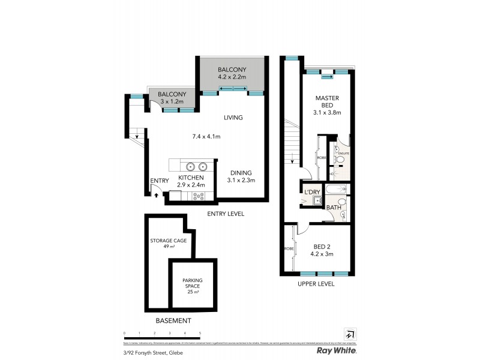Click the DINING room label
pos(241,173)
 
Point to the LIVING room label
pos(233,118)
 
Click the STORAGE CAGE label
pos(168,241)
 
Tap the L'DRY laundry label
pos(312,192)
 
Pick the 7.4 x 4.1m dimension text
pos(206,137)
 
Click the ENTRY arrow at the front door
pos(157,194)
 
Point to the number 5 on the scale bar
pos(200,332)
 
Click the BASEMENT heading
pos(173,321)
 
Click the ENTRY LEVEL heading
pos(225,214)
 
